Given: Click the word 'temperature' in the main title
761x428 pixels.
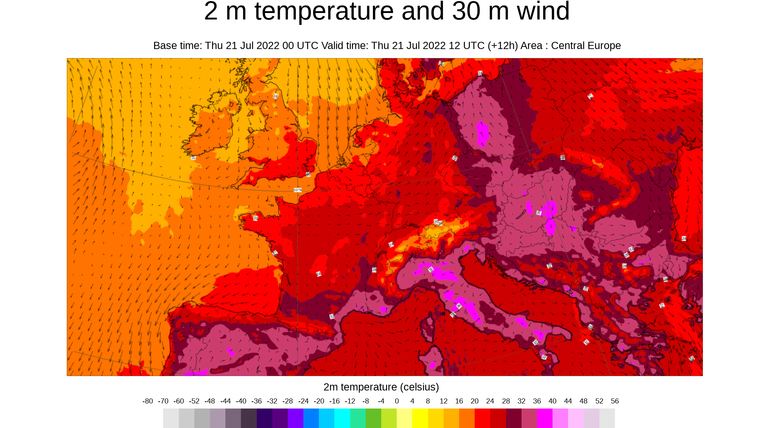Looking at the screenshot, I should point(324,12).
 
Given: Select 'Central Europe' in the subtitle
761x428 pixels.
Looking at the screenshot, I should point(586,46).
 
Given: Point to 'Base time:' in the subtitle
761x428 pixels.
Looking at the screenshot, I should point(178,46).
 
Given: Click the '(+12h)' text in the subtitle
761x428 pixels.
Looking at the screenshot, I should point(503,46).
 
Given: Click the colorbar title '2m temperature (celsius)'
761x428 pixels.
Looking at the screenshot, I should point(381,387).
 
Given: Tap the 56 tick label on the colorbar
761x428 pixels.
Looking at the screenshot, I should point(615,401).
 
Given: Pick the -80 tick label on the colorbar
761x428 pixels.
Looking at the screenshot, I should point(148,401).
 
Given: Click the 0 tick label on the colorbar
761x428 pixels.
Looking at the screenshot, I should point(397,401).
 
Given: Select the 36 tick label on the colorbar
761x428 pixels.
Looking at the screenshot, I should point(537,401).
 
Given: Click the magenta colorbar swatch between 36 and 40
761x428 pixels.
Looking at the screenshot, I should point(545,418).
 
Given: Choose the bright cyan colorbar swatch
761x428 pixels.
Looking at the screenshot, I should point(342,418).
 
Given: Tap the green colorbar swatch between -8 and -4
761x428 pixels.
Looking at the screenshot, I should point(373,418).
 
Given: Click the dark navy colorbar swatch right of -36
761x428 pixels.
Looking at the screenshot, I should point(264,418).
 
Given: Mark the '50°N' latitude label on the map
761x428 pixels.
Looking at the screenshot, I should point(298,190).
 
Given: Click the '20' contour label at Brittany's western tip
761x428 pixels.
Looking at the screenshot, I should point(255,219).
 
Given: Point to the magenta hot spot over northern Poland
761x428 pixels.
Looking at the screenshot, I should point(482,133).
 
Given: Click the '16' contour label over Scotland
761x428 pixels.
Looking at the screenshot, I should point(276,96).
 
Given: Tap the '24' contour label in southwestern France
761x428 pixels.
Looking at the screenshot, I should point(318,274).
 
